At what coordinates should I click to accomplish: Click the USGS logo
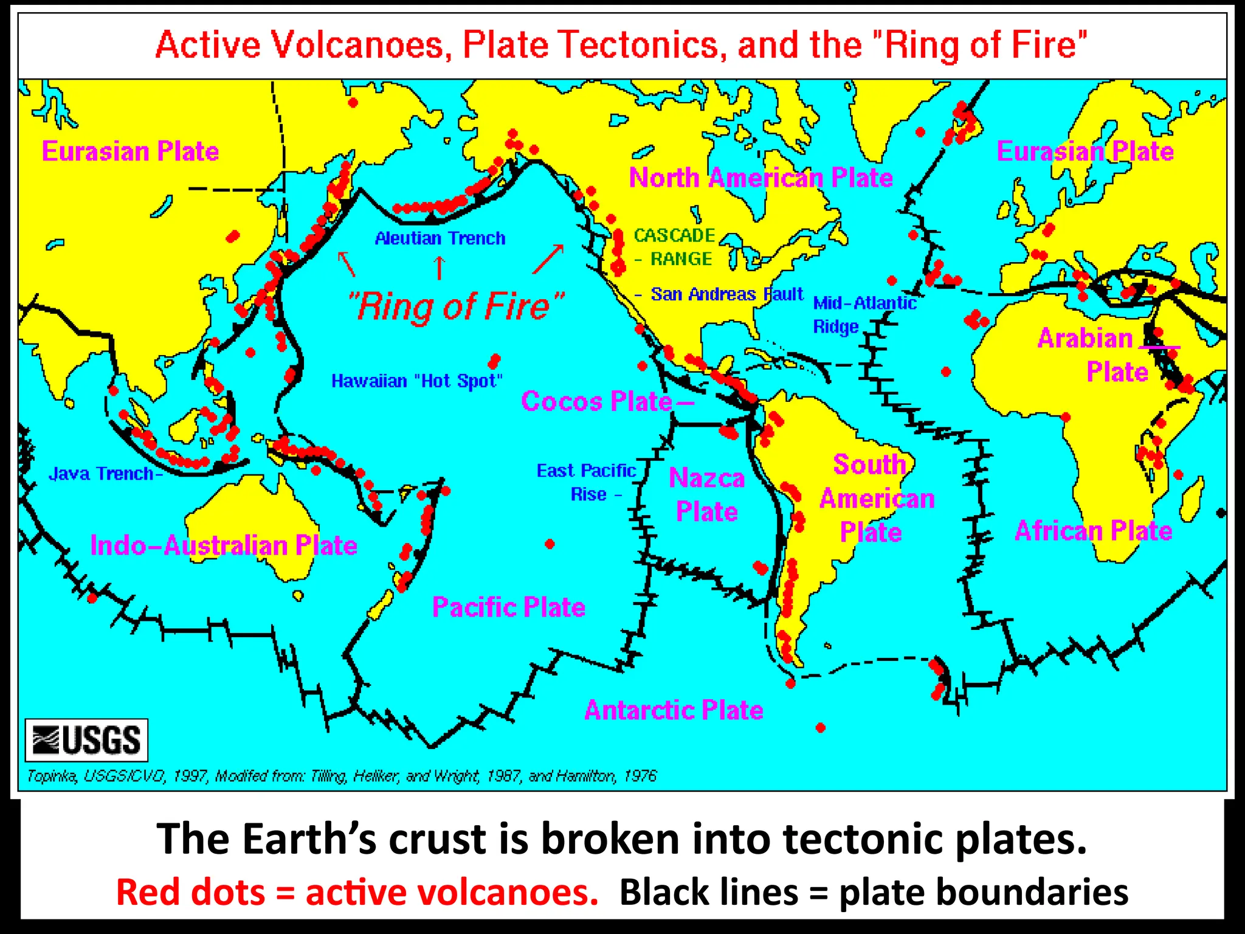tap(86, 740)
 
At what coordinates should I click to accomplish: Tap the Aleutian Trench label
tap(440, 238)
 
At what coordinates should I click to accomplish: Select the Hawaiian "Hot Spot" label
tap(417, 381)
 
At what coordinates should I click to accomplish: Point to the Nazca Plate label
tap(707, 495)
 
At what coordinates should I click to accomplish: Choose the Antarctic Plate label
tap(674, 710)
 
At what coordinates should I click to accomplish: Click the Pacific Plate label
tap(509, 607)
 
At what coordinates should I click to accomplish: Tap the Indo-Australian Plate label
tap(224, 545)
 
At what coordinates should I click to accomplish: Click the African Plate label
tap(1093, 531)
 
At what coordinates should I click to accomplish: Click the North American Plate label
tap(760, 178)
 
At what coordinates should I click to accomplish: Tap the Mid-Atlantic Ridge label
tap(863, 314)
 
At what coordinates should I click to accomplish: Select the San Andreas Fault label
tap(726, 294)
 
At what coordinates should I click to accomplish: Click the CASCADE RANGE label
tap(674, 247)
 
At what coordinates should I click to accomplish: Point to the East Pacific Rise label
tap(586, 482)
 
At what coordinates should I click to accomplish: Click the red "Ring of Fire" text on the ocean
tap(456, 307)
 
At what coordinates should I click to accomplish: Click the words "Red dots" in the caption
tap(190, 893)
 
